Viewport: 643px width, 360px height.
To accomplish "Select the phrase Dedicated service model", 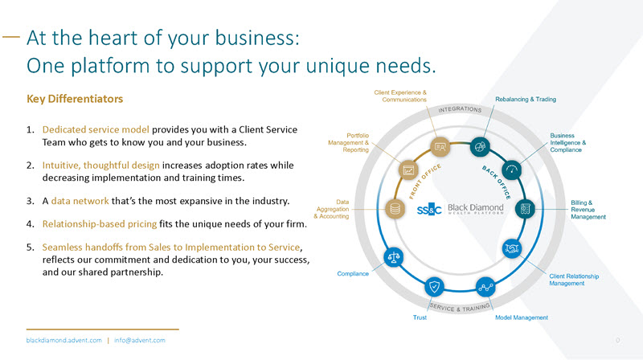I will click(95, 129).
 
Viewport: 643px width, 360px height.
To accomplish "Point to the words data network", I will click(78, 198).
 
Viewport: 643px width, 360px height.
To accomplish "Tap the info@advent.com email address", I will click(139, 341).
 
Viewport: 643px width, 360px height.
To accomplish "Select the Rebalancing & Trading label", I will click(526, 99).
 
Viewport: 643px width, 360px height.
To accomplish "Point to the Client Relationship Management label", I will click(574, 280).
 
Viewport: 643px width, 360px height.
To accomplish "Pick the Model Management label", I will click(522, 317).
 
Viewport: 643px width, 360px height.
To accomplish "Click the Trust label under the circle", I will click(420, 317).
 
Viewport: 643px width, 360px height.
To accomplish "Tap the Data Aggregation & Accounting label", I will click(330, 209).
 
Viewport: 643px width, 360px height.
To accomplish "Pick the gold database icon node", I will click(394, 208).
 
